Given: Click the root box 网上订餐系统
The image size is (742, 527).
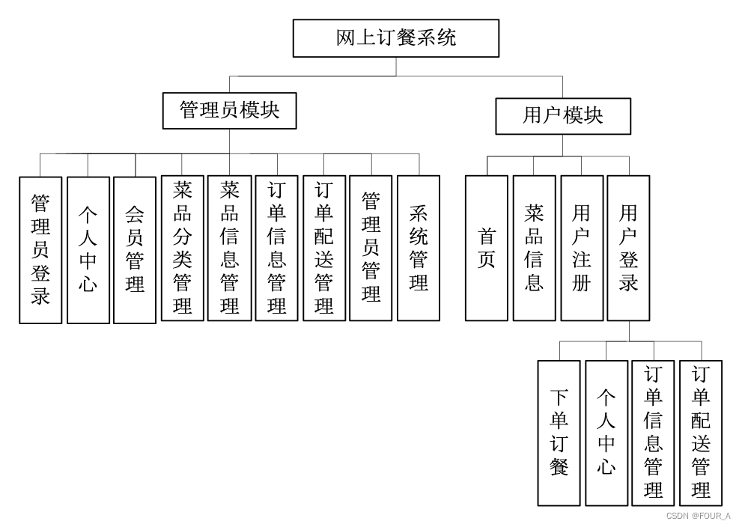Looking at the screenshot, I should [x=395, y=38].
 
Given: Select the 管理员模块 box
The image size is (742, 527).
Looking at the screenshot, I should [x=229, y=111].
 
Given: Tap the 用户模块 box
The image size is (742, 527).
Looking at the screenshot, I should [x=563, y=116].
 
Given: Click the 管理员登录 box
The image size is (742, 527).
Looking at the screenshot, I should [x=40, y=249].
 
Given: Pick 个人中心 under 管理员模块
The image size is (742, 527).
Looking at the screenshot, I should [x=88, y=249].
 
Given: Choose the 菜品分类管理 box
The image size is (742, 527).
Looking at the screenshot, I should [x=182, y=248].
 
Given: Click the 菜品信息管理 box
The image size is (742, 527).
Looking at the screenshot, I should [x=229, y=248].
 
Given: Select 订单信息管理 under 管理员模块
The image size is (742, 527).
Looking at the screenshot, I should [x=277, y=248].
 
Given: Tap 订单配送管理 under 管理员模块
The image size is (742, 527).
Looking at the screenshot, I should [x=324, y=248].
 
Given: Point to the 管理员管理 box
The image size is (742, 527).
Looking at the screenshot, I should [x=371, y=248].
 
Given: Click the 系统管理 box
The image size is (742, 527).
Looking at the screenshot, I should [x=419, y=248].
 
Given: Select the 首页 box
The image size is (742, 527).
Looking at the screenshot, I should [x=487, y=248].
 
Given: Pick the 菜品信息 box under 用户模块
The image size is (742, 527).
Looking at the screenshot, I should [x=534, y=248].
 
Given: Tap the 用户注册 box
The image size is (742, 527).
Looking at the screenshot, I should [x=582, y=248].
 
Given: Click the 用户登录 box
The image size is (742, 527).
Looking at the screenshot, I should [x=629, y=248].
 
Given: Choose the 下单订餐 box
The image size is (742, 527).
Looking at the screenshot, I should [x=559, y=433].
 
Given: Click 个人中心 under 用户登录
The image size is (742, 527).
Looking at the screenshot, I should [x=606, y=433].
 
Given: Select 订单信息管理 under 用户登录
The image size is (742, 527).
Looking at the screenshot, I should [x=654, y=433].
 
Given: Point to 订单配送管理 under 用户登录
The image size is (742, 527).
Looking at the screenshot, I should [x=701, y=433].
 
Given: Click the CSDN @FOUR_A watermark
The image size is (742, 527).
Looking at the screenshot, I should [x=698, y=516].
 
